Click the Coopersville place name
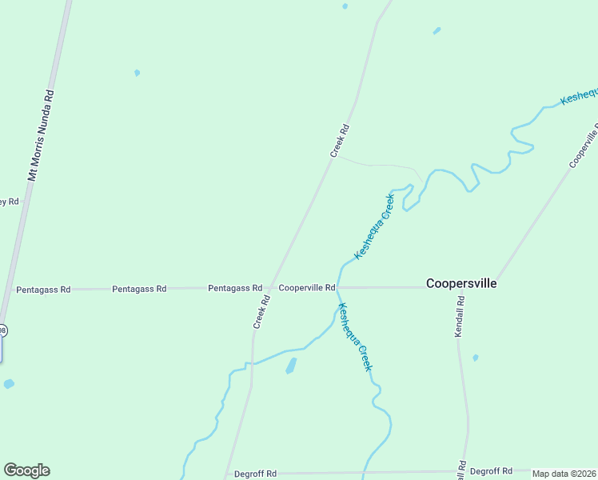(461, 283)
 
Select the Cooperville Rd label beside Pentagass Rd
(306, 287)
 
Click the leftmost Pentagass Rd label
(43, 289)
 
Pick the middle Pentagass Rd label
(139, 288)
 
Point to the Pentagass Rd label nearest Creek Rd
(235, 287)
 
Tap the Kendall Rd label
(460, 316)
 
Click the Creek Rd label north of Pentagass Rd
(340, 140)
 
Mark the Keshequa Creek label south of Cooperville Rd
(355, 336)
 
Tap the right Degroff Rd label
(491, 471)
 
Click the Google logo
(26, 470)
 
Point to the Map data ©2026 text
(564, 474)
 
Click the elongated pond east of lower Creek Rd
(291, 366)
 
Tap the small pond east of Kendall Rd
(476, 358)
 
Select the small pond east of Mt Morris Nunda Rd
(138, 73)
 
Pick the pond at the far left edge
(8, 384)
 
